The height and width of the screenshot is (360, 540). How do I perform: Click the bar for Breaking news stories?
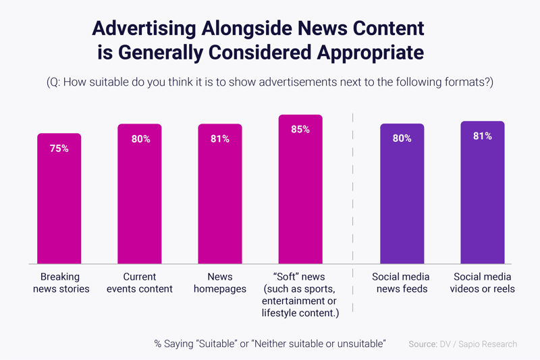pyautogui.click(x=59, y=203)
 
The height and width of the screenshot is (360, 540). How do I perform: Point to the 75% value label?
pyautogui.click(x=59, y=149)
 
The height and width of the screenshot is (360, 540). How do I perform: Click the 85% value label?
pyautogui.click(x=300, y=129)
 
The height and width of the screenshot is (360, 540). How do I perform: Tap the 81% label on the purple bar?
pyautogui.click(x=483, y=136)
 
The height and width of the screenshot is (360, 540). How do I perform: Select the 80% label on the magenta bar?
pyautogui.click(x=140, y=139)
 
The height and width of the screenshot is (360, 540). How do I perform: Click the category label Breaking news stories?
pyautogui.click(x=60, y=283)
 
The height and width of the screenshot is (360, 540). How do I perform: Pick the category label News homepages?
pyautogui.click(x=220, y=283)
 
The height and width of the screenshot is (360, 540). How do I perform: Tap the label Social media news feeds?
pyautogui.click(x=401, y=283)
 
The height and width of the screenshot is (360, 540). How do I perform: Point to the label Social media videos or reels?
pyautogui.click(x=483, y=283)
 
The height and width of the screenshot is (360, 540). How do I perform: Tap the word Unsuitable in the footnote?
pyautogui.click(x=358, y=344)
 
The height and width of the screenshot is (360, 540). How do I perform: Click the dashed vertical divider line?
pyautogui.click(x=352, y=203)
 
